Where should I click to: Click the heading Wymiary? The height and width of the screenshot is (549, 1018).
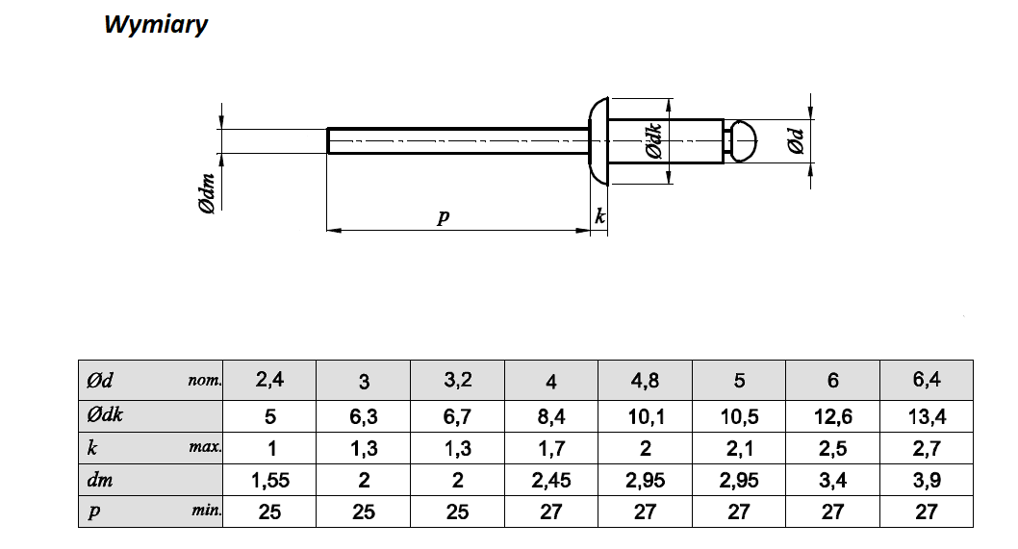[155, 25]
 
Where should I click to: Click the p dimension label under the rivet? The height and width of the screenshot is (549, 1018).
[443, 216]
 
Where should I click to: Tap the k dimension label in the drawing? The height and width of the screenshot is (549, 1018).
[600, 216]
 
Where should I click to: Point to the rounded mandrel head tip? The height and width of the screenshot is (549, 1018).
[742, 140]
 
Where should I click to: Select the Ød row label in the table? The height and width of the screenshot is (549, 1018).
[101, 380]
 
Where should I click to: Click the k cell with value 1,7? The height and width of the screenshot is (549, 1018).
[551, 448]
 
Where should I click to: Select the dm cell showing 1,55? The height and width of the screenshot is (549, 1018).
[269, 480]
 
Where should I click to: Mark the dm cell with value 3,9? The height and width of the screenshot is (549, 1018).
[926, 480]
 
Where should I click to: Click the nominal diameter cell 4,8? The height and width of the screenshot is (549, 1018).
[645, 380]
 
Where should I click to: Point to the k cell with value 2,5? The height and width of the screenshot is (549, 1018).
[832, 448]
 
